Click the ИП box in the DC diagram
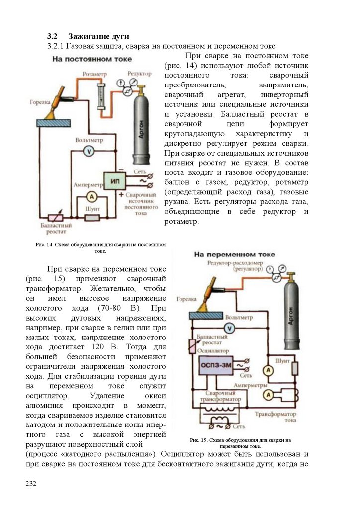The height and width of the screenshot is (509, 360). tap(114, 181)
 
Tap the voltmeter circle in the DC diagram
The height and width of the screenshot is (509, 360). tap(88, 151)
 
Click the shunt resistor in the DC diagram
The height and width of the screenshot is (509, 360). tap(92, 217)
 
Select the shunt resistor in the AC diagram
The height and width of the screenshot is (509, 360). tap(295, 368)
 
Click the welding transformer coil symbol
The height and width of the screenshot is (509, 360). tap(219, 413)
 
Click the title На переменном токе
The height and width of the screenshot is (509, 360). tap(234, 254)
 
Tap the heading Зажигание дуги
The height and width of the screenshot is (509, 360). tap(98, 36)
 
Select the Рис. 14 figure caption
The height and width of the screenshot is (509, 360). tap(100, 248)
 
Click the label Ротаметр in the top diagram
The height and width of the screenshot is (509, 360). tap(95, 74)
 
